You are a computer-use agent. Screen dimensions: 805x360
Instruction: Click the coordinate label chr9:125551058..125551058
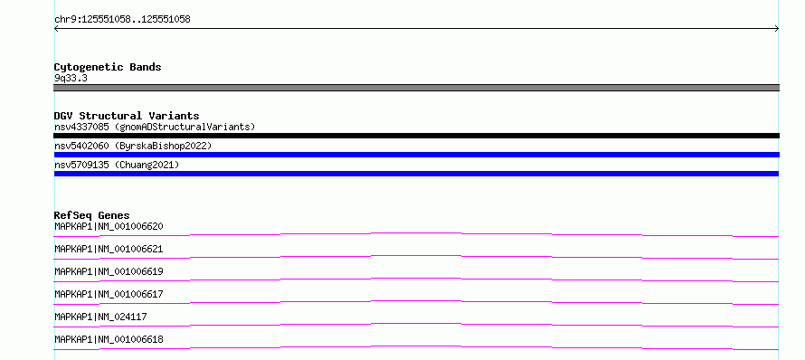pyautogui.click(x=122, y=20)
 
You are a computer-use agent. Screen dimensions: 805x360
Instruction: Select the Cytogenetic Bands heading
pyautogui.click(x=108, y=67)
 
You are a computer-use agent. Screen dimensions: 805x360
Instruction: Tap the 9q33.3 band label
pyautogui.click(x=71, y=79)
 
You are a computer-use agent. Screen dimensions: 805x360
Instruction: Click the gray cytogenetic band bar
pyautogui.click(x=416, y=88)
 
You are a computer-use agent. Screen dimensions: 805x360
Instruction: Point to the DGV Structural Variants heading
pyautogui.click(x=127, y=116)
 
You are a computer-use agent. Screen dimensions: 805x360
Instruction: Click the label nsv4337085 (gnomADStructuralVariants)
pyautogui.click(x=155, y=127)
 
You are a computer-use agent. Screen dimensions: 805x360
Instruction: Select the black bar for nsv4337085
pyautogui.click(x=416, y=136)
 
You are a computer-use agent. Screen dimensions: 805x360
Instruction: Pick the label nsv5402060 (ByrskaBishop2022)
pyautogui.click(x=133, y=146)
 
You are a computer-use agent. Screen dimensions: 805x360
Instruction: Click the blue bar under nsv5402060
pyautogui.click(x=416, y=155)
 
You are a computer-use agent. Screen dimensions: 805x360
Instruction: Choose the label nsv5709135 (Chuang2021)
pyautogui.click(x=117, y=165)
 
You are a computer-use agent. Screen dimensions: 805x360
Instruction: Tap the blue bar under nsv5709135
pyautogui.click(x=416, y=174)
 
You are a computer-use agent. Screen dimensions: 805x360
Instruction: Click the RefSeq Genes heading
pyautogui.click(x=92, y=215)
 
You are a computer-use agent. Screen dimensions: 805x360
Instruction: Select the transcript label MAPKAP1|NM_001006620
pyautogui.click(x=109, y=226)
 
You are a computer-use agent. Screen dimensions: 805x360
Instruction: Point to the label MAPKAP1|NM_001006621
pyautogui.click(x=109, y=249)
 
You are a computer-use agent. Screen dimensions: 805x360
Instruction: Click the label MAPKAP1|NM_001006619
pyautogui.click(x=109, y=271)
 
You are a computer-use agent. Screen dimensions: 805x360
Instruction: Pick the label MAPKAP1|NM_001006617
pyautogui.click(x=109, y=294)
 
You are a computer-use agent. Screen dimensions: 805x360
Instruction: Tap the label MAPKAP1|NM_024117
pyautogui.click(x=100, y=317)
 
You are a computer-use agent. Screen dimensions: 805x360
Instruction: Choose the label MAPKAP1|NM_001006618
pyautogui.click(x=109, y=339)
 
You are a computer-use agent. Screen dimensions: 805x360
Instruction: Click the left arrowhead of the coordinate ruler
pyautogui.click(x=55, y=29)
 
